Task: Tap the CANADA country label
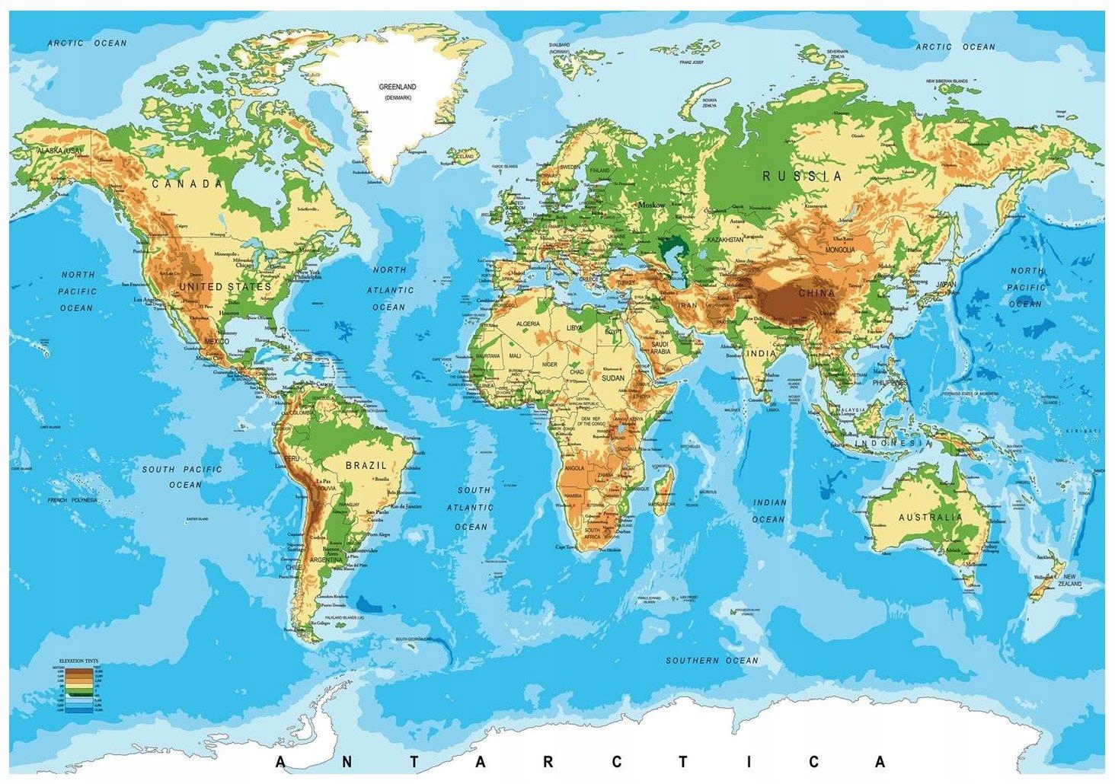point(187,184)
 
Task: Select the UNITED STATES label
point(225,287)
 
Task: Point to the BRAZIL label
point(366,465)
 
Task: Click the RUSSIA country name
point(803,176)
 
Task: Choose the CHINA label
point(816,292)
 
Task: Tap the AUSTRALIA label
point(930,518)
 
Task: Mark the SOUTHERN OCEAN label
point(712,660)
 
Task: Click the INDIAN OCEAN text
point(769,511)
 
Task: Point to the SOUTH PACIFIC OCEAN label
point(183,476)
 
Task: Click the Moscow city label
point(652,206)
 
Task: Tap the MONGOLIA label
point(840,250)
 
